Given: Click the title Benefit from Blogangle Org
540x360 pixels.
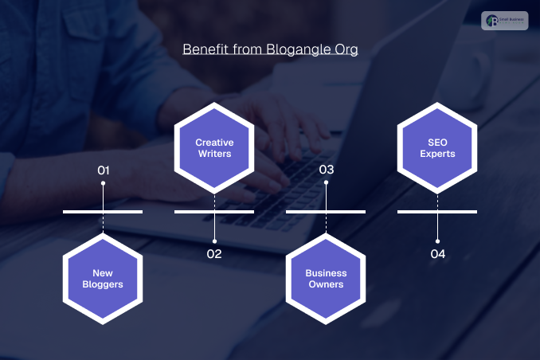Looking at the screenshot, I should click(270, 49).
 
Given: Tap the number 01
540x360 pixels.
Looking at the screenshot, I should click(103, 170).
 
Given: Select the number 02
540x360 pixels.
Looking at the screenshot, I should click(214, 254).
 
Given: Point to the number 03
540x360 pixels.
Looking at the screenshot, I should click(326, 170).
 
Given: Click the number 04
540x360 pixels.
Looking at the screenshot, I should click(437, 254).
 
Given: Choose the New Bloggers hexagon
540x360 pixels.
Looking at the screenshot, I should click(103, 279).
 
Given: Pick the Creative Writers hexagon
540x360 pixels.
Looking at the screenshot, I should click(214, 147).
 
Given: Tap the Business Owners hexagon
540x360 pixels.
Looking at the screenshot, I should click(326, 279).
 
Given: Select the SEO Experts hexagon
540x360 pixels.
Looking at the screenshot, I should click(437, 147).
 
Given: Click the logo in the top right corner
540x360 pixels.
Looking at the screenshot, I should click(505, 22).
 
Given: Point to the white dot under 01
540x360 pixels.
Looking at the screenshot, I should click(103, 184).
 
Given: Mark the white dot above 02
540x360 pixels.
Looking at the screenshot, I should click(214, 240).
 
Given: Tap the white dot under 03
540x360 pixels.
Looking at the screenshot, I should click(326, 184).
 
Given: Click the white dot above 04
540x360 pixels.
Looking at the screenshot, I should click(437, 240).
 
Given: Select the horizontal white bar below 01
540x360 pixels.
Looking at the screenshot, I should click(103, 212).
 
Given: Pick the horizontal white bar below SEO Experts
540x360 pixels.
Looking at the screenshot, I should click(437, 212).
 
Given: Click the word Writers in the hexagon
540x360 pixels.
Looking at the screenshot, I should click(214, 153).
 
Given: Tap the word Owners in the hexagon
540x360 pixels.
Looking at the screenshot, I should click(326, 284).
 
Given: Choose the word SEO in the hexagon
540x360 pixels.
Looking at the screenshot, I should click(437, 142).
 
